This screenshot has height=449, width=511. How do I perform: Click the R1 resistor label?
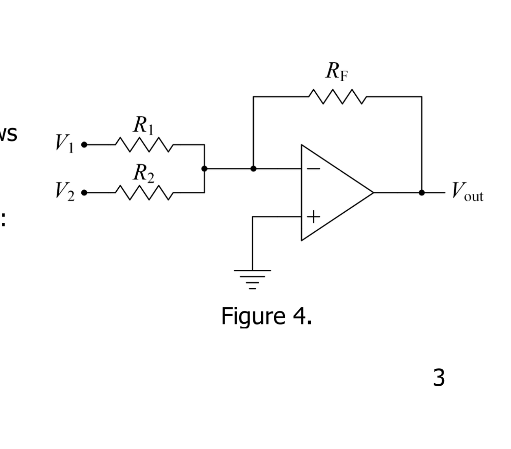coord(143,125)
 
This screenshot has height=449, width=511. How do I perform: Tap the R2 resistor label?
coord(143,173)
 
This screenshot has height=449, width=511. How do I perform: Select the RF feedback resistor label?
coord(337,71)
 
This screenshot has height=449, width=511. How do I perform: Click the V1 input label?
coord(64,144)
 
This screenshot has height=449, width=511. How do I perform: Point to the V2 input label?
coord(64,191)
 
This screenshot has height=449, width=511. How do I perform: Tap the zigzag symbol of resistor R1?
coord(144,145)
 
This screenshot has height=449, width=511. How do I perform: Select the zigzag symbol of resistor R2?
coord(144,192)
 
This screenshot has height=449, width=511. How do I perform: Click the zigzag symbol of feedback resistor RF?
coord(337,97)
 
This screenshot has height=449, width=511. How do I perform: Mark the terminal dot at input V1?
coord(84,145)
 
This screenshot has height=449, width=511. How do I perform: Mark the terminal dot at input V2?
coord(84,192)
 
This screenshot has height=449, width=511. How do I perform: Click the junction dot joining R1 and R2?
coord(204,168)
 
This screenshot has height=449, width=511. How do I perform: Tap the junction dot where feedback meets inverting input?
coord(253,168)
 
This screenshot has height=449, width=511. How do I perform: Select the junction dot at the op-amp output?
coord(422,192)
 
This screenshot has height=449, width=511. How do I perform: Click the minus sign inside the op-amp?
coord(313,169)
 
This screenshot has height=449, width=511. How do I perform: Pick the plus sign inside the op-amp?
coord(313,217)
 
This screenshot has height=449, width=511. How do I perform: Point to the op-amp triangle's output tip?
coord(373,192)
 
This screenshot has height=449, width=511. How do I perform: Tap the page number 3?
coord(439,378)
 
